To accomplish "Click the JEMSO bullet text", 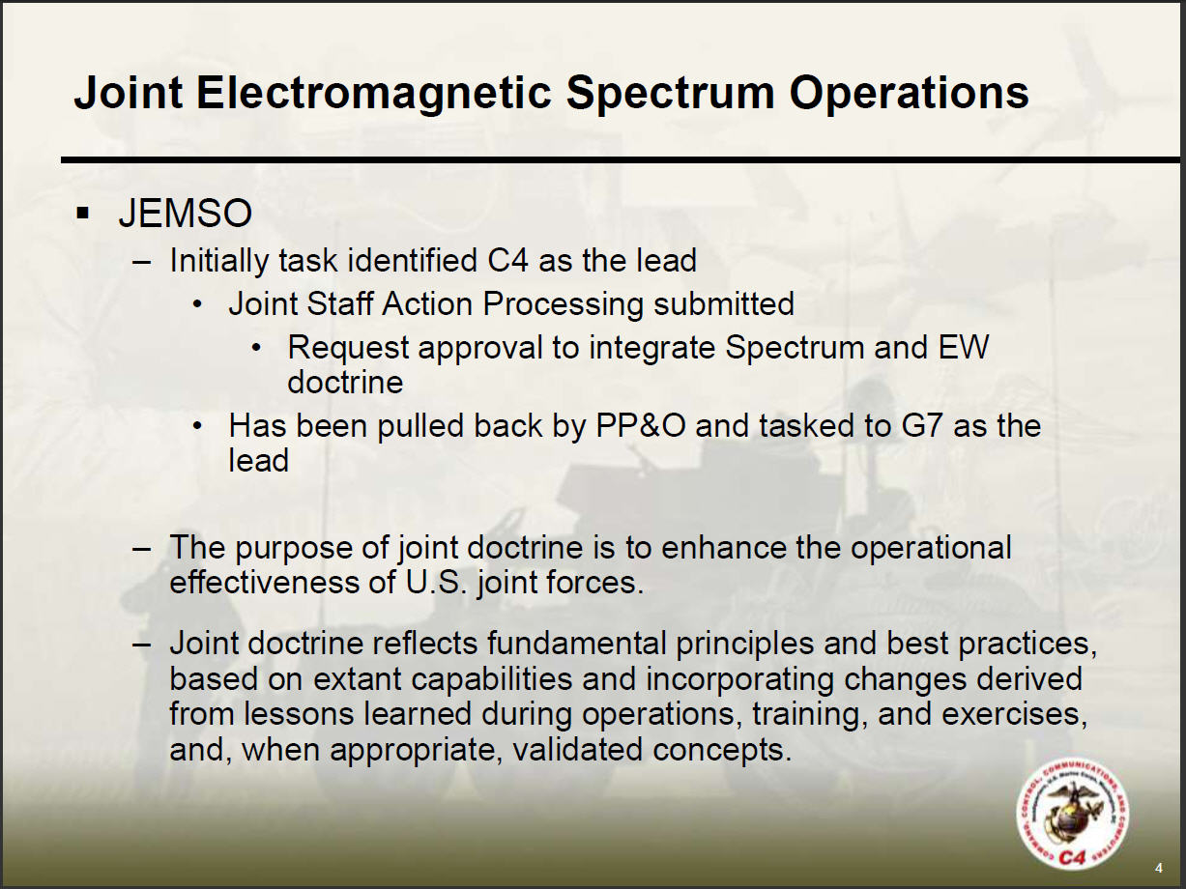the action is coord(186,214).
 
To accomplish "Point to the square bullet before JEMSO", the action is coord(83,213).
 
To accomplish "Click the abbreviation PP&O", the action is coord(642,426).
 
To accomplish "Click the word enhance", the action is coord(723,548).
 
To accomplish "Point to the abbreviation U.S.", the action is coord(436,584).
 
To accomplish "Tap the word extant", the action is coord(357,679).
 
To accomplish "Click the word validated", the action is coord(577,749).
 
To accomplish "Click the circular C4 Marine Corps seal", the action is coord(1072,815).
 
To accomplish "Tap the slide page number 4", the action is coord(1158,869).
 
